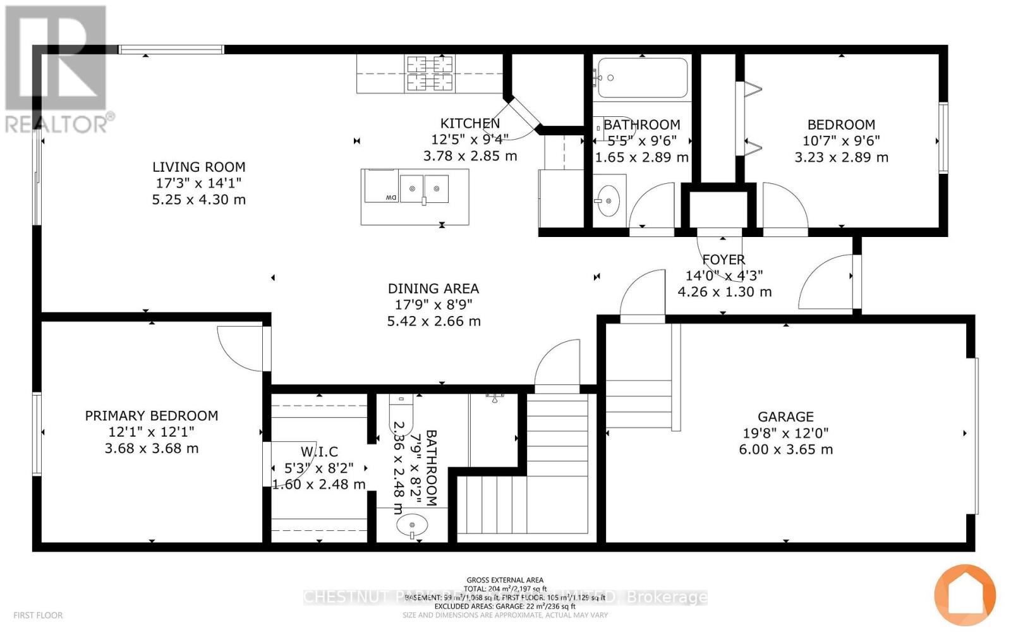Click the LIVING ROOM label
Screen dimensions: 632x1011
tap(198, 167)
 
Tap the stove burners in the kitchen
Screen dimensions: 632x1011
tap(425, 73)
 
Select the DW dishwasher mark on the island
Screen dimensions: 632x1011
tap(391, 198)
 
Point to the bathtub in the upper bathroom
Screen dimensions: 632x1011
tap(642, 78)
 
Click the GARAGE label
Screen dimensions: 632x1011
tap(785, 416)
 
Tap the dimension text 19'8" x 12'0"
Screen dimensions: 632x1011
tap(785, 433)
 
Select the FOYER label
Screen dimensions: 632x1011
tap(723, 259)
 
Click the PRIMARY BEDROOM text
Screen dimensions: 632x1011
tap(152, 415)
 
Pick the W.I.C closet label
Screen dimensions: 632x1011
tap(319, 451)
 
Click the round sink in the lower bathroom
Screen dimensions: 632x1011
tap(412, 525)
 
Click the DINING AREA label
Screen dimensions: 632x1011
tap(433, 288)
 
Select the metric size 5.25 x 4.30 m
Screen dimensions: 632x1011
tap(198, 200)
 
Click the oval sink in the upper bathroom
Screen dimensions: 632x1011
tap(608, 201)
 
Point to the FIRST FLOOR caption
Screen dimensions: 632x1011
tap(38, 615)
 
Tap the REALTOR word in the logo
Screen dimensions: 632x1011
tap(57, 124)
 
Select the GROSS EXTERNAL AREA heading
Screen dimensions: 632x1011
tap(505, 580)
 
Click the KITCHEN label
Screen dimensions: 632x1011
tap(470, 123)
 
